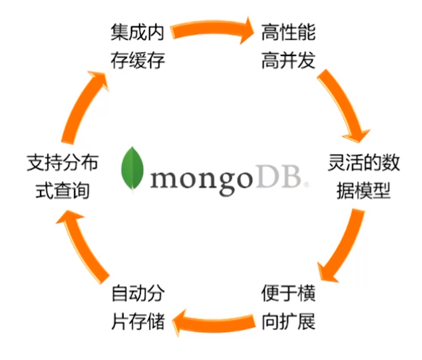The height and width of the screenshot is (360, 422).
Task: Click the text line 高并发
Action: (x=288, y=60)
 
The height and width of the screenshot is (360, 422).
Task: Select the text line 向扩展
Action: (x=288, y=321)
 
